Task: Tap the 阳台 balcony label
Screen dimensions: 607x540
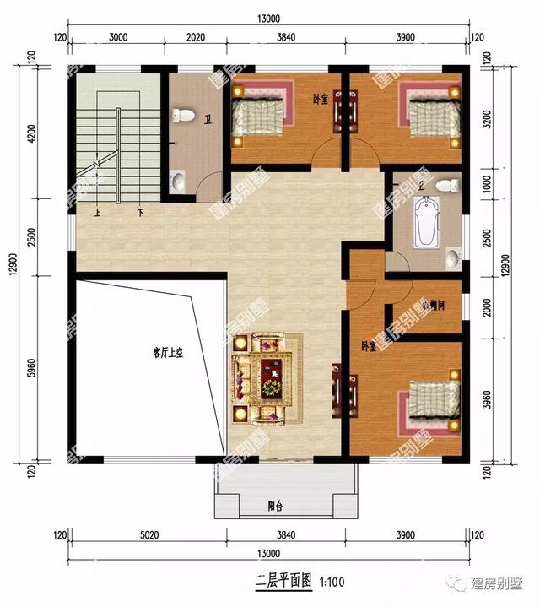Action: pos(275,507)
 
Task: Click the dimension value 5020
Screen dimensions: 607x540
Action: pos(148,536)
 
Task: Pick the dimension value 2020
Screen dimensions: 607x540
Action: pos(194,37)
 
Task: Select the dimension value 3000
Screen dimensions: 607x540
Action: pos(118,37)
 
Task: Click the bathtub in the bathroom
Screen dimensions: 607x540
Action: pos(424,221)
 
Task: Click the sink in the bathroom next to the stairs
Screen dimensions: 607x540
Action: pos(179,180)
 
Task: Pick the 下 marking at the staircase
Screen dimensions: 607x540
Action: pos(138,213)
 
